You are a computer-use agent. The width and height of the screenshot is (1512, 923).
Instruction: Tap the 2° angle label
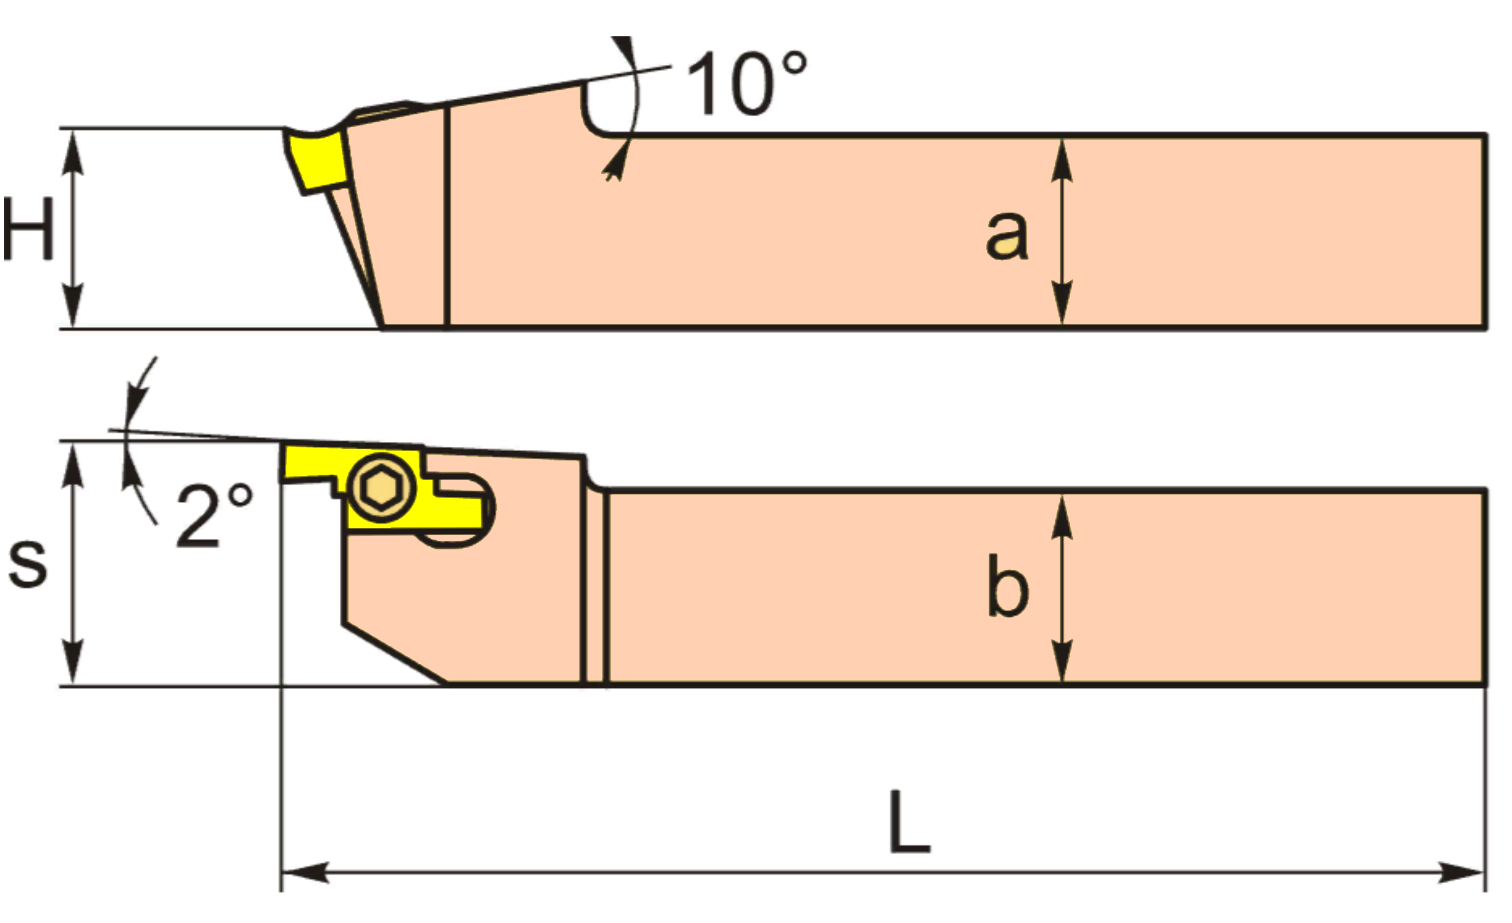[x=213, y=516]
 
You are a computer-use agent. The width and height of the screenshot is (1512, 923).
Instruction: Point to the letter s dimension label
[x=27, y=564]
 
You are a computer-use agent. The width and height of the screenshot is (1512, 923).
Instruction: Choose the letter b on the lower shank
[x=1007, y=586]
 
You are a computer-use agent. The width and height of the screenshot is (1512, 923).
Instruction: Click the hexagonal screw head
[x=382, y=489]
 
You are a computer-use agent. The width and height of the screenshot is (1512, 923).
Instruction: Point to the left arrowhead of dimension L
[x=304, y=872]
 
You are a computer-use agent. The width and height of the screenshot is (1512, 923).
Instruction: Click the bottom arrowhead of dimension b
[x=1062, y=662]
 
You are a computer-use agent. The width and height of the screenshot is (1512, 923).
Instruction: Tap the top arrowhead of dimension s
[x=74, y=464]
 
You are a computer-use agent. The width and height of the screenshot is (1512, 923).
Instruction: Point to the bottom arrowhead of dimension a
[x=1062, y=302]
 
